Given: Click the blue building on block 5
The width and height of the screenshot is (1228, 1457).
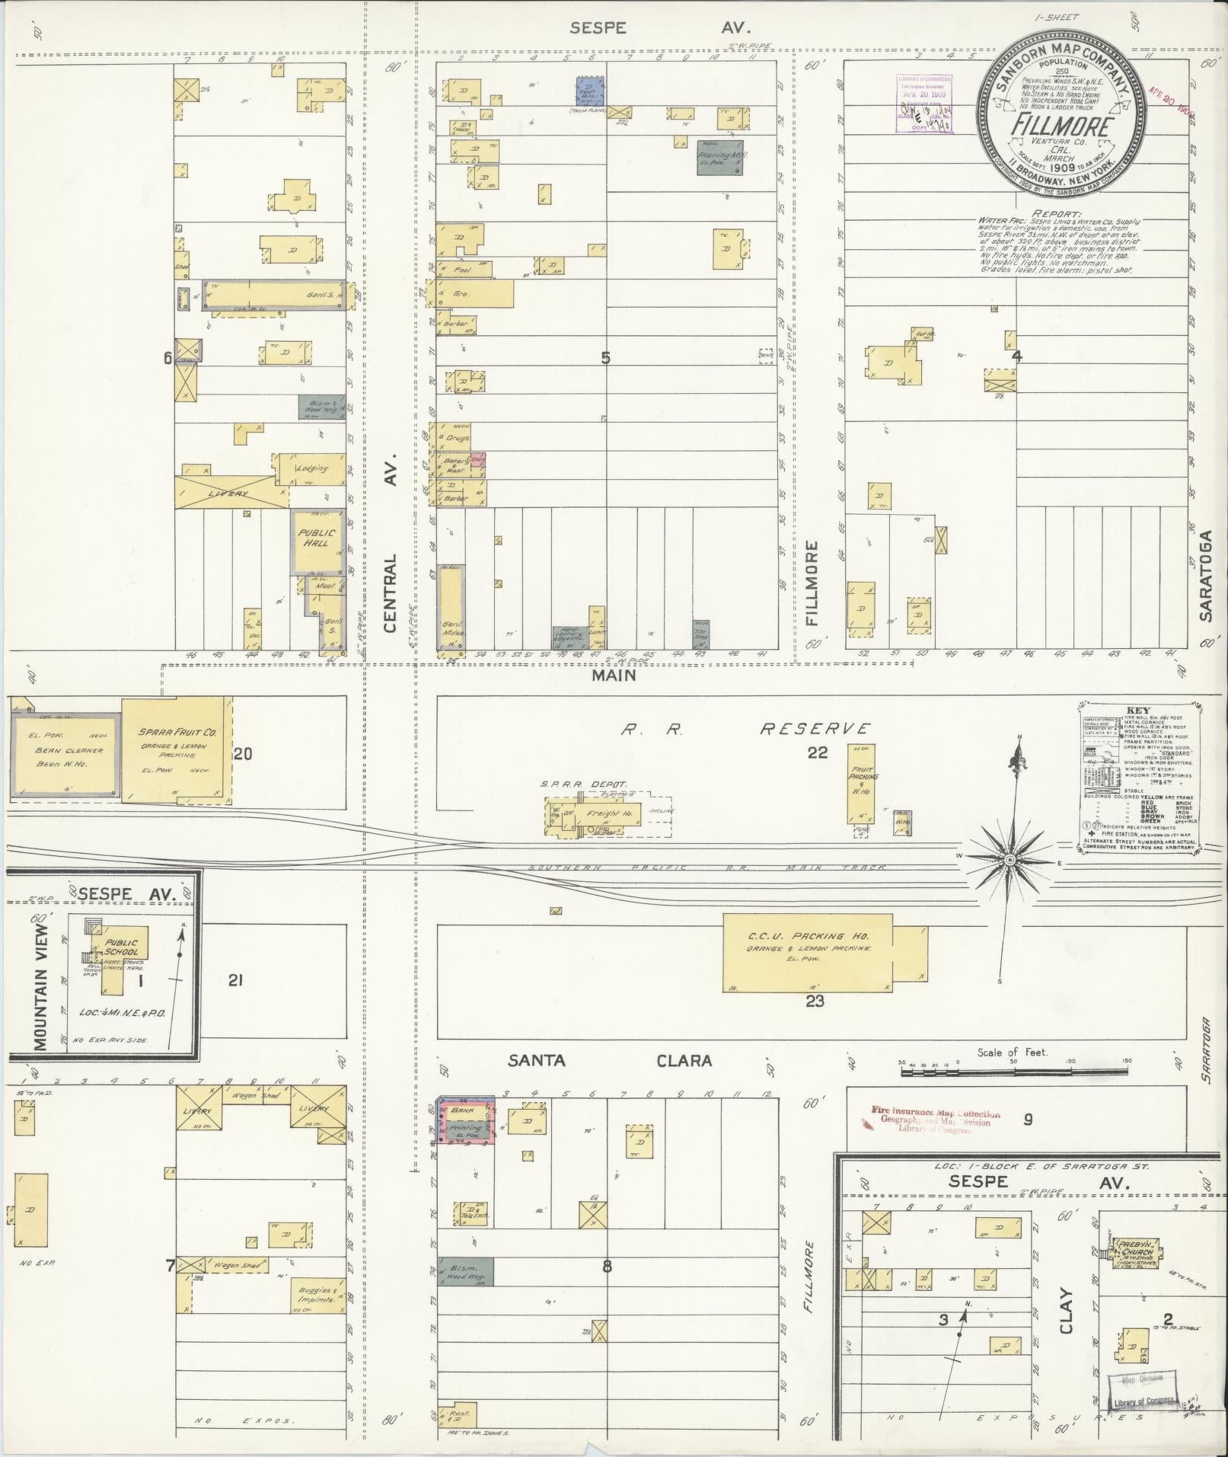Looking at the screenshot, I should click(x=589, y=90).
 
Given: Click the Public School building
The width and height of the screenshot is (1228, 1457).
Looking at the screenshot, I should click(x=122, y=947).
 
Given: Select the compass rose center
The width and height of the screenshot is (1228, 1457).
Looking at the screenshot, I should click(x=1010, y=860).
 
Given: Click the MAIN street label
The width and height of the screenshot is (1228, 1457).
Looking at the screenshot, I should click(x=616, y=675).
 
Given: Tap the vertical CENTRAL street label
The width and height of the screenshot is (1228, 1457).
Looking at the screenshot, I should click(x=391, y=593).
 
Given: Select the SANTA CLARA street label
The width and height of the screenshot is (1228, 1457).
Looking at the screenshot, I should click(x=610, y=1060).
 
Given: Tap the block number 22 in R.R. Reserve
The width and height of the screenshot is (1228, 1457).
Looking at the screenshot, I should click(x=817, y=753).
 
